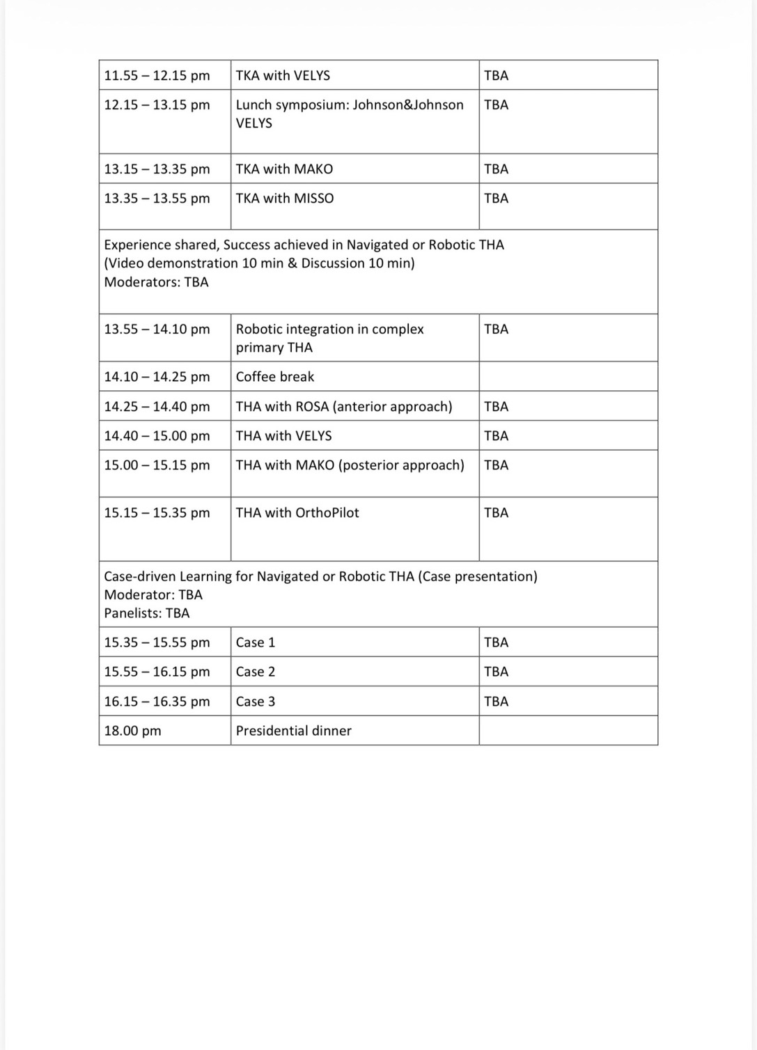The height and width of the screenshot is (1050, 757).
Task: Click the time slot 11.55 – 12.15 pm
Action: click(x=157, y=75)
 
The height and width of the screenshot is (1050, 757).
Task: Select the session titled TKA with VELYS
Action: click(x=283, y=75)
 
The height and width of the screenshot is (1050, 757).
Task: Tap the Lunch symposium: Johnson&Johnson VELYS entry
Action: click(x=349, y=114)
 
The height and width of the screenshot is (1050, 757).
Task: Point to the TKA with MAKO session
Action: click(x=284, y=169)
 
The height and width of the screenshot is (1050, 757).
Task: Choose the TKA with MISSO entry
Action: click(x=284, y=198)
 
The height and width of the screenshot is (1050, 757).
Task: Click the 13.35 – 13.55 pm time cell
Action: click(x=157, y=198)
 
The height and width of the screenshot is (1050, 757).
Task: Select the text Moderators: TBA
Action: click(x=156, y=282)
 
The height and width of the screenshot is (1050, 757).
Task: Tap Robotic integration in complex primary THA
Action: click(x=329, y=338)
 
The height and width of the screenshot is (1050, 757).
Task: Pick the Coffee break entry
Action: click(x=274, y=376)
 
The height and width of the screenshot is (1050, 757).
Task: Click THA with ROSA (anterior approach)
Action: click(x=344, y=406)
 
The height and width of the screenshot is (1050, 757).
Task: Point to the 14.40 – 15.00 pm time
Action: click(x=157, y=435)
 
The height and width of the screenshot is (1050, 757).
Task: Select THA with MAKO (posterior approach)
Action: click(x=350, y=465)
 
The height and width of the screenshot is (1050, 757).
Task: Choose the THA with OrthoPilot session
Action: click(x=297, y=513)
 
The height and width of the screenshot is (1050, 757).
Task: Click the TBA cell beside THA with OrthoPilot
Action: click(x=496, y=513)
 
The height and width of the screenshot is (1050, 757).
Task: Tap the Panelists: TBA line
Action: click(x=146, y=613)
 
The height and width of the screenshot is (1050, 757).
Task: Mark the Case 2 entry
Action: click(x=256, y=672)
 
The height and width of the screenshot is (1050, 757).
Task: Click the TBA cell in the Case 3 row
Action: click(x=496, y=702)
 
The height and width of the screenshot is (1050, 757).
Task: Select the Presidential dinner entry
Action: click(x=293, y=731)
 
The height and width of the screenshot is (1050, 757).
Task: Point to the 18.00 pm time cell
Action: click(x=132, y=731)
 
